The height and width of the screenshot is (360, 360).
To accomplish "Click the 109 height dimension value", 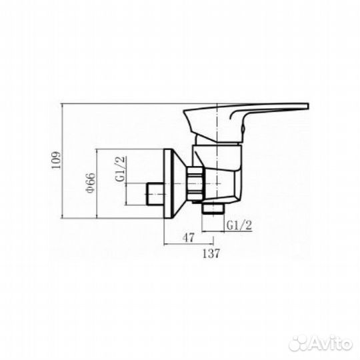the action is pyautogui.click(x=56, y=160).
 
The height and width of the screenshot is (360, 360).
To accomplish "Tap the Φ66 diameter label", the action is pyautogui.click(x=90, y=183).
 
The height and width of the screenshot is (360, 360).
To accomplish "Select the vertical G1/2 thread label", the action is pyautogui.click(x=121, y=169).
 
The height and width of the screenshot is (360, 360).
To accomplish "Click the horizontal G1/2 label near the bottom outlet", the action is pyautogui.click(x=239, y=225).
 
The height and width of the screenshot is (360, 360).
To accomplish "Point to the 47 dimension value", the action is pyautogui.click(x=189, y=237).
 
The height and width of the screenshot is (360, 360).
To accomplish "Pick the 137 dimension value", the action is pyautogui.click(x=211, y=253).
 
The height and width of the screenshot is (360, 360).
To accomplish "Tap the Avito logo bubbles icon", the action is pyautogui.click(x=297, y=343).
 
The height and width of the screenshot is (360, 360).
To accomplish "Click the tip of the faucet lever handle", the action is pyautogui.click(x=308, y=106).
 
